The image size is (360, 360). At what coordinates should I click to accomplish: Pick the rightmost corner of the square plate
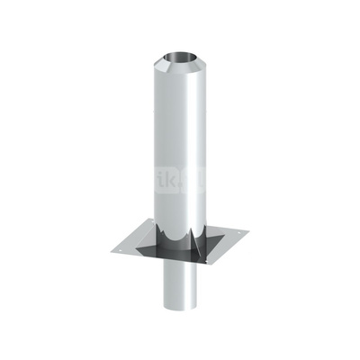click(243, 236)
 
